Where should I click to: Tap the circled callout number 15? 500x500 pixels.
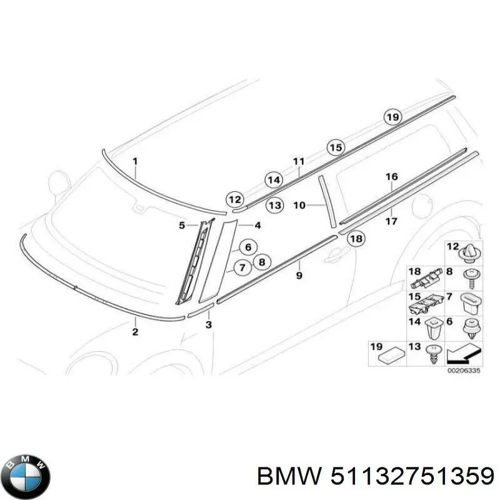(x=336, y=147)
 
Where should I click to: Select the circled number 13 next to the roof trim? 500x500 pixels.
(x=274, y=205)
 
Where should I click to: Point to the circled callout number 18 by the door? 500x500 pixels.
(x=356, y=238)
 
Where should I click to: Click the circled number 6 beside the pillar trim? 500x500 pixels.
(x=247, y=247)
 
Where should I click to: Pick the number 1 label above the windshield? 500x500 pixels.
(x=136, y=161)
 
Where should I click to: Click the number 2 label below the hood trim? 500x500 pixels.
(x=135, y=332)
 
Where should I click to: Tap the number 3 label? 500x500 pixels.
(x=209, y=324)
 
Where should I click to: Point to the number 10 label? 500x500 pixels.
(x=299, y=205)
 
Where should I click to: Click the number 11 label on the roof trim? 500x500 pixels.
(x=299, y=161)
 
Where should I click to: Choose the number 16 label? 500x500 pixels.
(x=391, y=177)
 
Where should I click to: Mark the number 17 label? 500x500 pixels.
(x=391, y=221)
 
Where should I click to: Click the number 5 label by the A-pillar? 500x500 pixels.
(x=182, y=225)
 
